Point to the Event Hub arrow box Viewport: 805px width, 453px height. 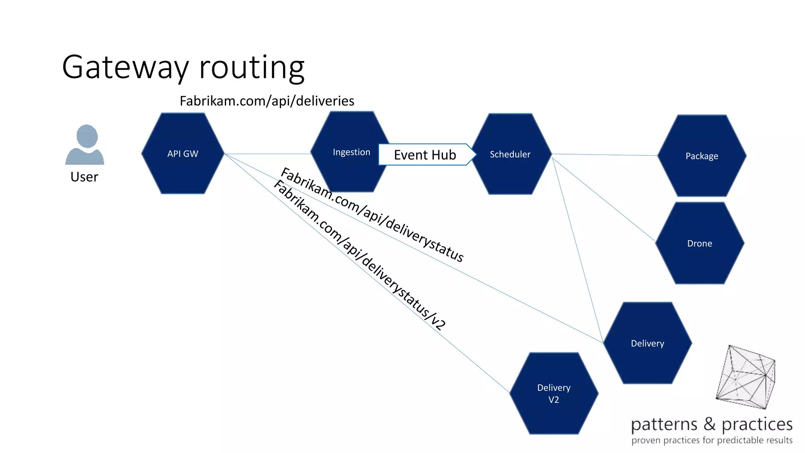425,155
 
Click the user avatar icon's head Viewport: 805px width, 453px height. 87,136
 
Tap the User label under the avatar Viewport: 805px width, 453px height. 84,177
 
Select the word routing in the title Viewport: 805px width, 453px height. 252,67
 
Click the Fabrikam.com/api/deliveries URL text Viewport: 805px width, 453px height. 267,101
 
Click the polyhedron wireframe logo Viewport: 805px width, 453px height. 745,377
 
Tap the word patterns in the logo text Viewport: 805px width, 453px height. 664,425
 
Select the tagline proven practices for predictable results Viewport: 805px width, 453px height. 712,440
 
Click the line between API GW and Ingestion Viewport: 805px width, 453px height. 267,154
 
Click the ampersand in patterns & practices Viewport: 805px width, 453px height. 709,424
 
